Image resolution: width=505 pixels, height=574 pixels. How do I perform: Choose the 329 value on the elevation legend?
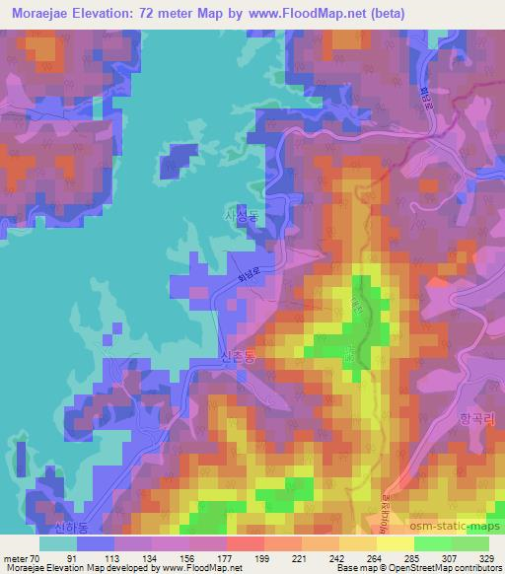[486, 558]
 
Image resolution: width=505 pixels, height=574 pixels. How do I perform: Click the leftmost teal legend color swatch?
[59, 543]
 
